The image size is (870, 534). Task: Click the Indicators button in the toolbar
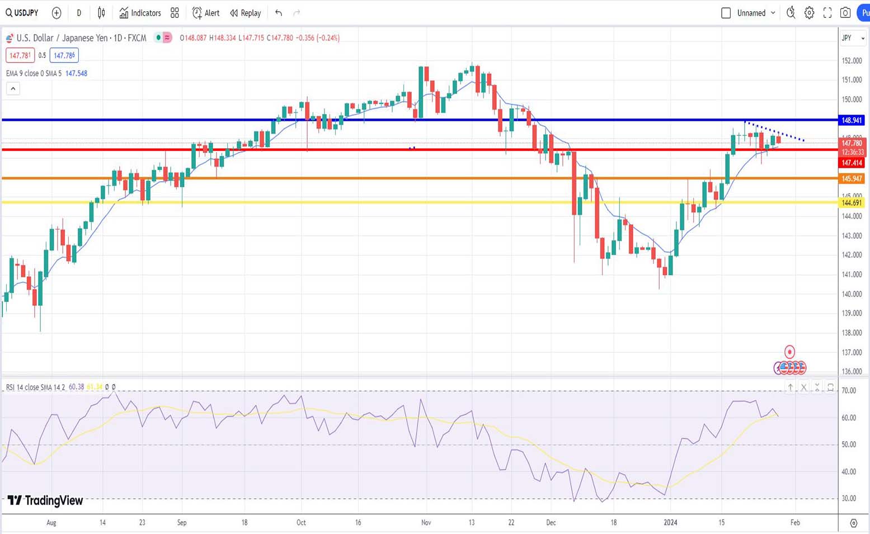[x=140, y=13]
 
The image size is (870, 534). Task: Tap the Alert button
[x=206, y=13]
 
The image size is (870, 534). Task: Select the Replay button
[x=246, y=13]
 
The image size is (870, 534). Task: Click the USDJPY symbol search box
[x=22, y=13]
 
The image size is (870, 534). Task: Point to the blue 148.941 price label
[x=852, y=120]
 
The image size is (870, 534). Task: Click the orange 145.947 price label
[x=852, y=178]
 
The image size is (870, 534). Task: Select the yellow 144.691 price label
[x=852, y=202]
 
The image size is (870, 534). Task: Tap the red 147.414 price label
[x=852, y=163]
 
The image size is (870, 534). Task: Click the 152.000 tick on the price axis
[x=852, y=60]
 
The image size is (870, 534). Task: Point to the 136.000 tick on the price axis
[x=852, y=371]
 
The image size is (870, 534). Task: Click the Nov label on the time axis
[x=426, y=522]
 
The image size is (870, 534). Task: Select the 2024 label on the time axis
[x=670, y=522]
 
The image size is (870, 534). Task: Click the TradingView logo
[x=45, y=500]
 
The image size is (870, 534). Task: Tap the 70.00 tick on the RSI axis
[x=849, y=390]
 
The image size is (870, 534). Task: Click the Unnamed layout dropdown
[x=756, y=13]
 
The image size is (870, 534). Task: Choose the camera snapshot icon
[x=845, y=13]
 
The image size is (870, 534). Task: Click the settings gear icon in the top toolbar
[x=809, y=13]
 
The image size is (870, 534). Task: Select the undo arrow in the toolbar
[x=279, y=13]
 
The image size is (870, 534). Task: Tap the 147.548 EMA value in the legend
[x=76, y=73]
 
